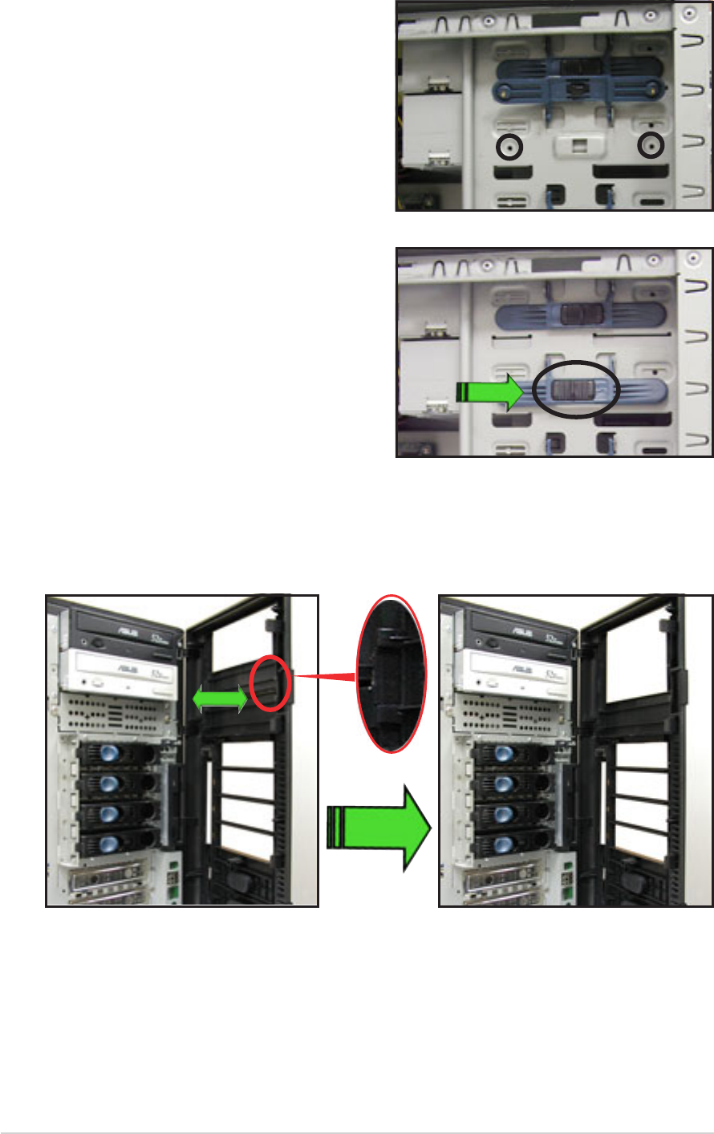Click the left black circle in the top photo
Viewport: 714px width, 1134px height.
click(509, 148)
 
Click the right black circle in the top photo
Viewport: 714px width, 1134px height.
click(651, 146)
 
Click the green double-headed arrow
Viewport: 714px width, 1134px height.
click(220, 700)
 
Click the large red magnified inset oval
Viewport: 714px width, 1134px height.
click(391, 674)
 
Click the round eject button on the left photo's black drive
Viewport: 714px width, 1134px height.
click(98, 642)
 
